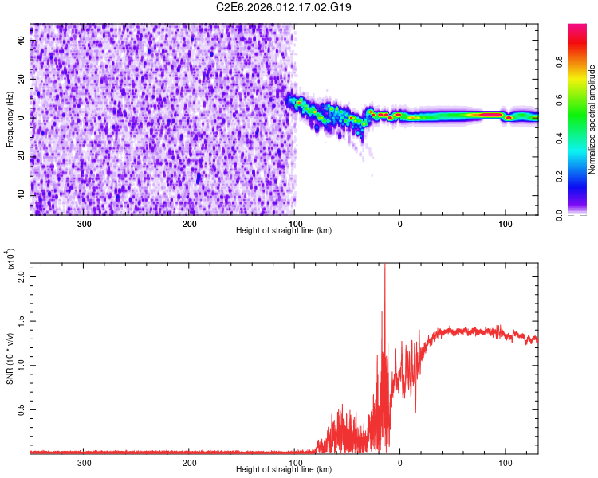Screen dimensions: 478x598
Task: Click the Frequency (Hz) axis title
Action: click(10, 119)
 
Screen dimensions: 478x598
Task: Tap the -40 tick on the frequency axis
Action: click(22, 196)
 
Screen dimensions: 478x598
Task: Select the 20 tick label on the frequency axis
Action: click(22, 80)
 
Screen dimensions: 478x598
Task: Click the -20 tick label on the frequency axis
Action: click(22, 157)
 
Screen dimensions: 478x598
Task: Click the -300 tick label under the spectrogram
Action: click(83, 224)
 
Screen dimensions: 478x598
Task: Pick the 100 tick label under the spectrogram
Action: click(505, 224)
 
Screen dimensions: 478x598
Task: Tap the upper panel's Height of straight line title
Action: click(284, 230)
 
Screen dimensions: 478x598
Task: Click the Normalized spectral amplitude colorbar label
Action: click(592, 119)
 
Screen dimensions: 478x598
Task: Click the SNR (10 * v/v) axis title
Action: click(10, 356)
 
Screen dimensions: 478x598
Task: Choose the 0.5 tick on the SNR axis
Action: click(22, 409)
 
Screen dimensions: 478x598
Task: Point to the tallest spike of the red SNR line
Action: click(385, 266)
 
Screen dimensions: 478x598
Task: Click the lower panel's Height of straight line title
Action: click(284, 469)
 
